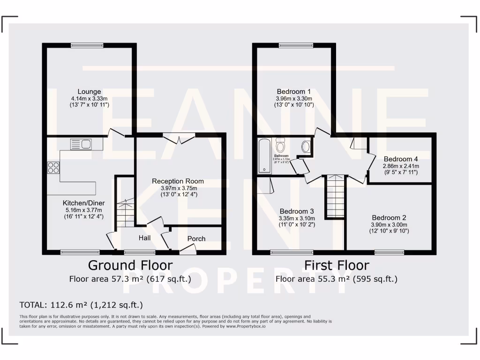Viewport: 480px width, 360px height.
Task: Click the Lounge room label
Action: point(89,91)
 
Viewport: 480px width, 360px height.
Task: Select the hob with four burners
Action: point(53,167)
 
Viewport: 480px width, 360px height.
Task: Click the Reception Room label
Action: point(178,181)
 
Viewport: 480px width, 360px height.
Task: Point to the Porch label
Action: point(196,239)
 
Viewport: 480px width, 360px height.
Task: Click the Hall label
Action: point(144,238)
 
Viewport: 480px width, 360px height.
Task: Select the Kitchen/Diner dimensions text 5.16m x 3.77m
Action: point(84,210)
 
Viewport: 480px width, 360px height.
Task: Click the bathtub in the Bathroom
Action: point(264,156)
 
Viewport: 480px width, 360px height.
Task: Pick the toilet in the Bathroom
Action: point(281,145)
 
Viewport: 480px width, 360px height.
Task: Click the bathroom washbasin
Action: point(305,147)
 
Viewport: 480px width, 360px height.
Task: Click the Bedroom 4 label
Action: point(401,158)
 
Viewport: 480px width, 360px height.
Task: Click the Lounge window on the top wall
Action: point(84,45)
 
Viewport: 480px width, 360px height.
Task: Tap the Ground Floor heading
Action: point(130,265)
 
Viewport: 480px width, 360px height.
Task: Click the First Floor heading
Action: point(337,265)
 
